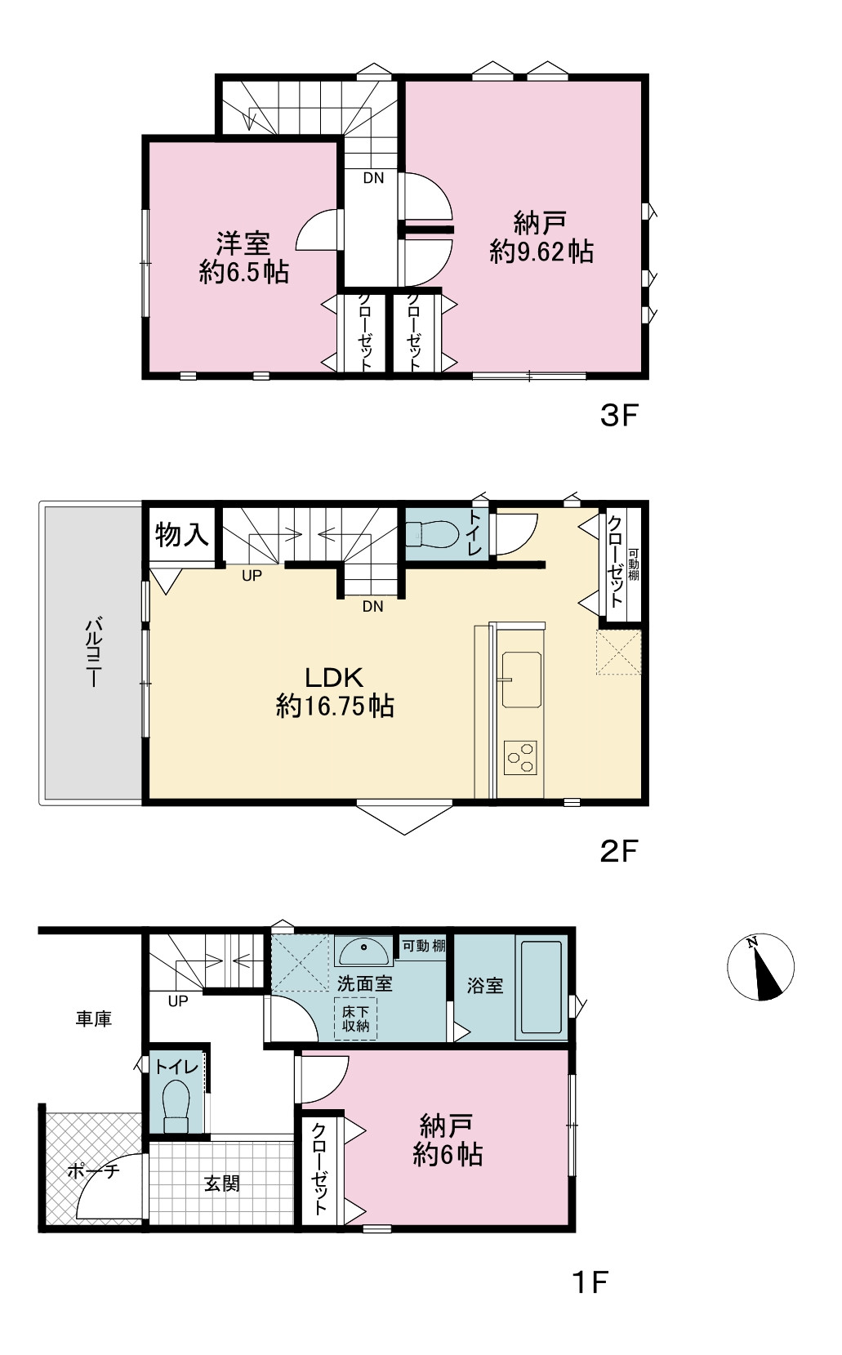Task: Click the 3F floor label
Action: [619, 416]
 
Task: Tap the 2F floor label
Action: [619, 852]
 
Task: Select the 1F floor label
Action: [590, 1281]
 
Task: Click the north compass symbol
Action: [760, 966]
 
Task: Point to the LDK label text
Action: [334, 678]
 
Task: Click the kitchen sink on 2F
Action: [521, 680]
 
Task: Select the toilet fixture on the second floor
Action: [431, 534]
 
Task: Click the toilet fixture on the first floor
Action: [176, 1107]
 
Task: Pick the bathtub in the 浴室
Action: [541, 987]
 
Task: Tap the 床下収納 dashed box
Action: [356, 1018]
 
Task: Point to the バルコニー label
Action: [94, 652]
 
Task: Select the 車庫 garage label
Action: [94, 1019]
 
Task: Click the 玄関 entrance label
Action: [222, 1183]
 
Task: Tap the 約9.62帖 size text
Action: [541, 251]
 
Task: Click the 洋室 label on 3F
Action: [243, 243]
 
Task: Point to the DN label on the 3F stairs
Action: [373, 178]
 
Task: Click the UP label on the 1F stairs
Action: [178, 1001]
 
